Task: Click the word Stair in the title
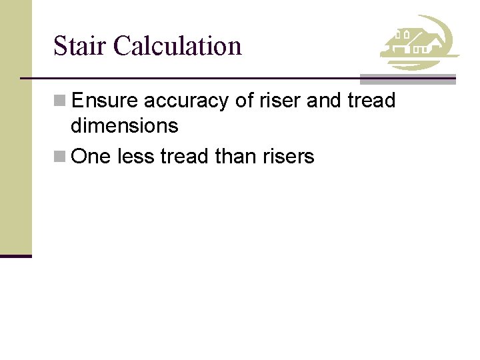pos(80,46)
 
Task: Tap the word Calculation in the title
pos(177,46)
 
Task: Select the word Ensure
pos(105,101)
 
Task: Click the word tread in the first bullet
pos(372,101)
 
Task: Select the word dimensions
pos(125,125)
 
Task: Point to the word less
pos(135,157)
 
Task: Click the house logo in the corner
pos(419,43)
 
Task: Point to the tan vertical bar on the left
pos(15,127)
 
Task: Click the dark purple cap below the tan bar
pos(15,255)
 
